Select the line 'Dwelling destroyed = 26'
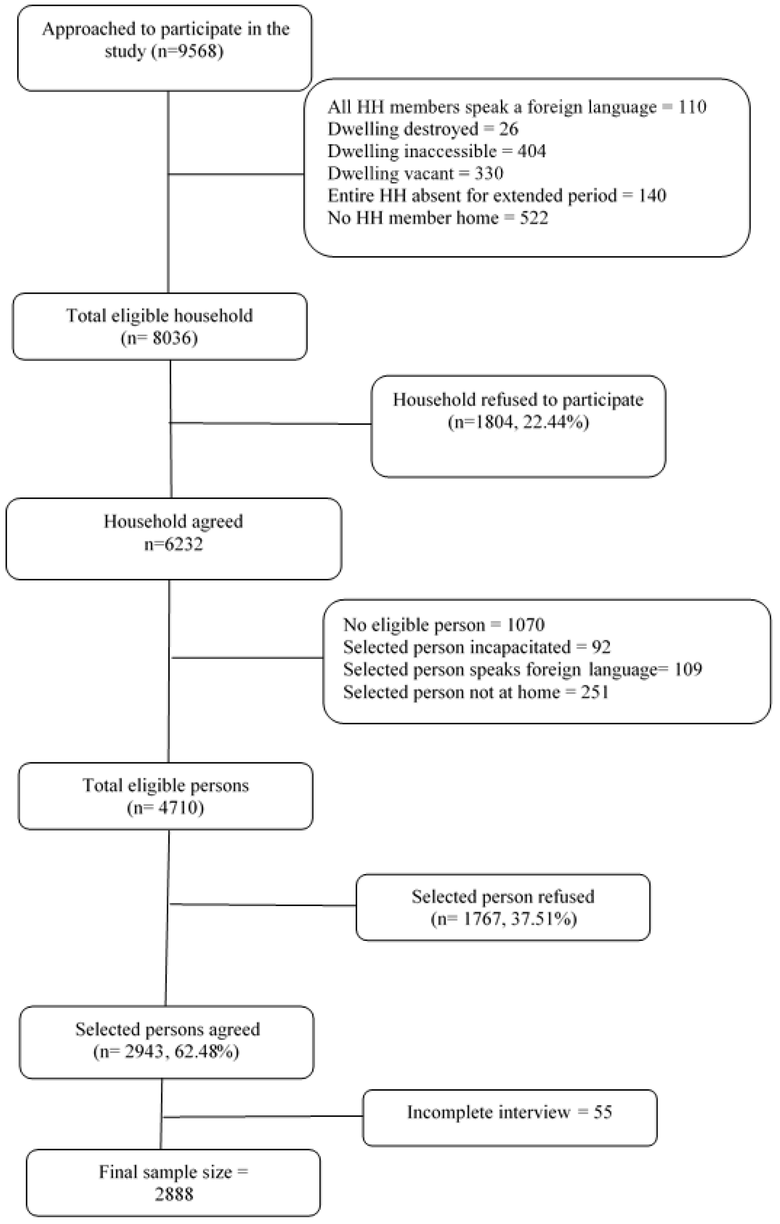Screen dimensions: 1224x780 423,129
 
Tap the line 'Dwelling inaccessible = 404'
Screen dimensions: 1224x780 436,151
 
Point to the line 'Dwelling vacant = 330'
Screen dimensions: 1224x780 415,173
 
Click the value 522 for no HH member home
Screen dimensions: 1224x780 534,218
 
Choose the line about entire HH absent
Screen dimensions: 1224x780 497,196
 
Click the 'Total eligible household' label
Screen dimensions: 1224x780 159,316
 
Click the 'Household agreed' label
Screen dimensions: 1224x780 173,521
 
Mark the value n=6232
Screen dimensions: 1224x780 173,544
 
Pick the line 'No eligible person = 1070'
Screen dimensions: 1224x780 444,625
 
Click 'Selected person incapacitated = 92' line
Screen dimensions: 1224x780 477,647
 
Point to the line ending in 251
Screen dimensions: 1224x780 476,692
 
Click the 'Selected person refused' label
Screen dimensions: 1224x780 503,896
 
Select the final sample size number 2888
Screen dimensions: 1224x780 174,1194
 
